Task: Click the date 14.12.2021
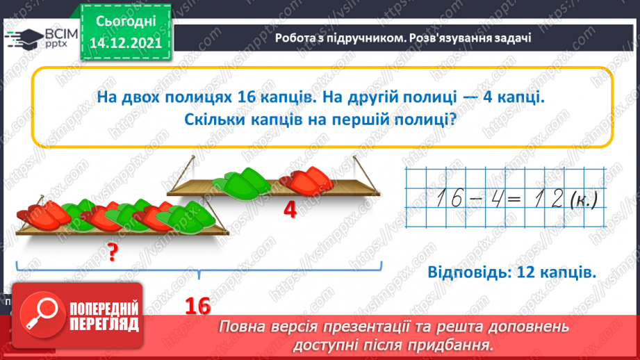coord(126,42)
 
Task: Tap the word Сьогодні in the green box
coord(126,22)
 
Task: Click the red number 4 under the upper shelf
coord(290,209)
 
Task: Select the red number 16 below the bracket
coord(197,305)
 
